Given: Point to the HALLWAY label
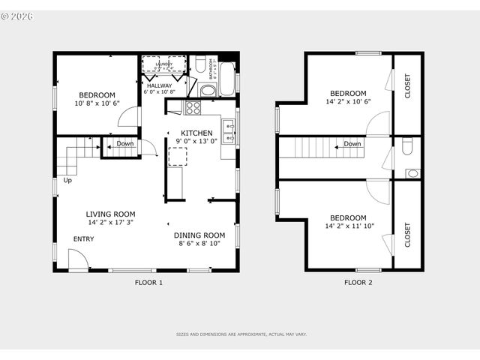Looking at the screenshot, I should click(x=159, y=85).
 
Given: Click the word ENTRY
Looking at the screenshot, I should click(x=83, y=239).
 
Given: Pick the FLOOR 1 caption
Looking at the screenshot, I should click(x=148, y=283).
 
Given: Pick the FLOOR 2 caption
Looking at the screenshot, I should click(x=358, y=283).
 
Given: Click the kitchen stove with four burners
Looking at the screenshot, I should click(x=193, y=107).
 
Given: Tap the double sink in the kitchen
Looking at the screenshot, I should click(x=229, y=130).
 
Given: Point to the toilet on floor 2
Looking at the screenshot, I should click(x=407, y=147).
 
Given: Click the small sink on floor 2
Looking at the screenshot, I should click(x=412, y=173).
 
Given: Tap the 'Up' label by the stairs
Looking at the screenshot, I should click(x=67, y=180).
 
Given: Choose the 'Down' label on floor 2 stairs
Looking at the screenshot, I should click(x=352, y=144).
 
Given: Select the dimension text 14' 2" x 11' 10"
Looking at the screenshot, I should click(x=350, y=226).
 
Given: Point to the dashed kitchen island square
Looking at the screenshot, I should click(x=178, y=156).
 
